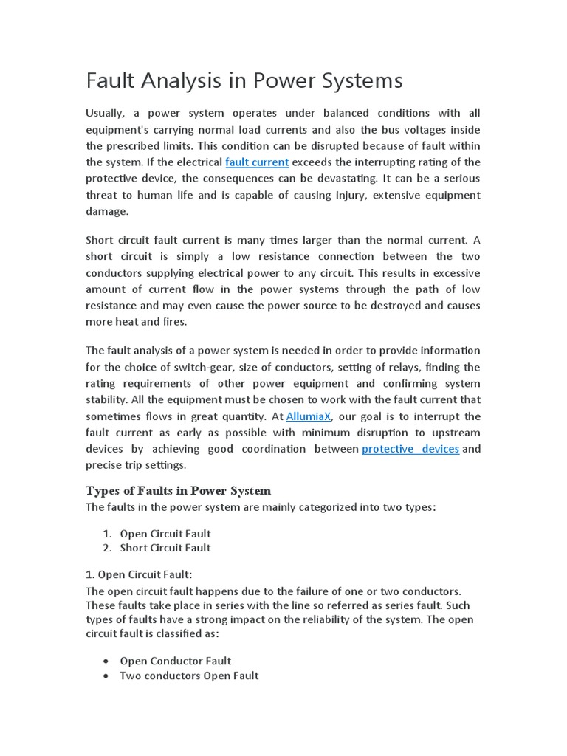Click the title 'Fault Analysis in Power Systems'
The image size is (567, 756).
[x=244, y=80]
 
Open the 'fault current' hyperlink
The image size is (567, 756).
[x=257, y=162]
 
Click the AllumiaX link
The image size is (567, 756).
[x=309, y=416]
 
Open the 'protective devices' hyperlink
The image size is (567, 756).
[x=410, y=449]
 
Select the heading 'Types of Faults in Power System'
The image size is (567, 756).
[x=179, y=490]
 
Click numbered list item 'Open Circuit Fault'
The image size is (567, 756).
[x=165, y=534]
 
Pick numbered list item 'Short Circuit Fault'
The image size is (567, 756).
[x=165, y=548]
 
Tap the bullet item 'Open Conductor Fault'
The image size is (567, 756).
[x=176, y=661]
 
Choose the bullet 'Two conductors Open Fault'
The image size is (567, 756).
[x=189, y=676]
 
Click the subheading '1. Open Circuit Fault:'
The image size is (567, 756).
[x=139, y=574]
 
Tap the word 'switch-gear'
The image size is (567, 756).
[x=224, y=367]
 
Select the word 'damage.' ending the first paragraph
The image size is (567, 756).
[x=108, y=211]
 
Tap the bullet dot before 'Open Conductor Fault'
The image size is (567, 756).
[x=109, y=661]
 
